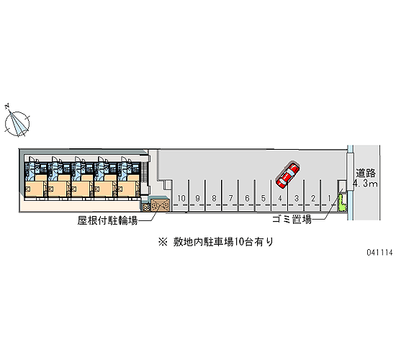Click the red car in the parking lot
[x=287, y=175]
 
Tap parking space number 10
[x=181, y=195]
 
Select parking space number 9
[x=197, y=195]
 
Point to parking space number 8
[x=213, y=195]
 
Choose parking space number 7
[x=230, y=195]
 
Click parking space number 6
[x=246, y=195]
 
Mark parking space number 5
[x=263, y=195]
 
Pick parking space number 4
[x=279, y=195]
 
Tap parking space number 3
[x=296, y=195]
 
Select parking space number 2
[x=312, y=195]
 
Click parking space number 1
[x=328, y=195]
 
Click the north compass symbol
[x=17, y=123]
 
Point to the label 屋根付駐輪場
[x=107, y=220]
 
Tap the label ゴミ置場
[x=292, y=219]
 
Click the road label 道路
[x=366, y=174]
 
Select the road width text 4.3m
[x=365, y=184]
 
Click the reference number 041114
[x=380, y=252]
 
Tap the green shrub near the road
[x=342, y=203]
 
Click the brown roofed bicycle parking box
[x=160, y=205]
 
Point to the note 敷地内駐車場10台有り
[x=216, y=242]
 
